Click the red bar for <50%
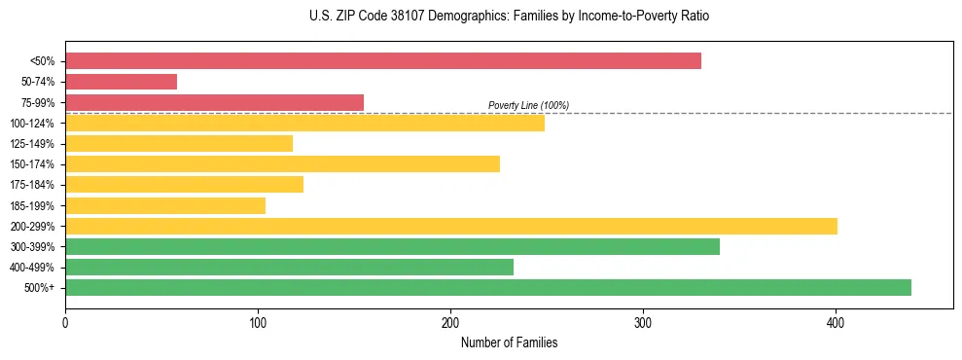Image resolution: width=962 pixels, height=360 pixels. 382,61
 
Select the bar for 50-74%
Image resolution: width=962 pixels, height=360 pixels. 121,82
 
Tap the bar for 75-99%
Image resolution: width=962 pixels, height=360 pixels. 214,102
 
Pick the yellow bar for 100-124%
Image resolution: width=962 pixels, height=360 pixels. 304,123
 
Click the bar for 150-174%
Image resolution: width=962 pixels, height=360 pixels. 282,163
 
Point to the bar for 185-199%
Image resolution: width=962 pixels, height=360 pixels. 165,205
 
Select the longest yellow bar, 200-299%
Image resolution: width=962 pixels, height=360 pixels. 450,226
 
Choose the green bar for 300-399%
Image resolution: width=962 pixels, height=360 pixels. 392,246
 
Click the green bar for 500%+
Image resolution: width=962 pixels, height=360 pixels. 487,287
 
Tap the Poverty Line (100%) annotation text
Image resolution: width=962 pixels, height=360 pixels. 528,105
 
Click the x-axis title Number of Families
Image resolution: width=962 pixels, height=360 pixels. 509,342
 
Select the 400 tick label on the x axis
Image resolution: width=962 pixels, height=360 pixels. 836,322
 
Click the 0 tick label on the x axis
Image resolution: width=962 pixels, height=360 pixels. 65,322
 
